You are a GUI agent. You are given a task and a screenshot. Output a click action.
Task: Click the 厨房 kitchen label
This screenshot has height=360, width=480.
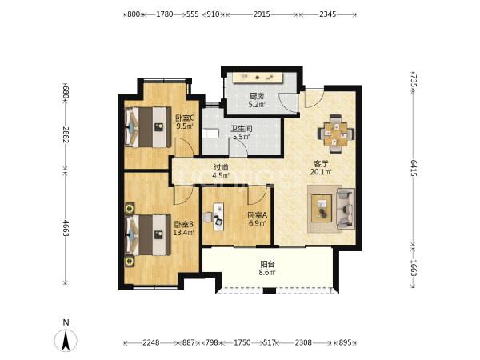pyautogui.click(x=257, y=96)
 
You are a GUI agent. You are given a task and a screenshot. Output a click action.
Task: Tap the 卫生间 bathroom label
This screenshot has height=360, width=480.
pyautogui.click(x=242, y=129)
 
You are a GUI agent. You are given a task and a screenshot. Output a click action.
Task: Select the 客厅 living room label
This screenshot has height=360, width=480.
pyautogui.click(x=321, y=164)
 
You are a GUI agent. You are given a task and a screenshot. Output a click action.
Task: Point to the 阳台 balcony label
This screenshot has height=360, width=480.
pyautogui.click(x=267, y=264)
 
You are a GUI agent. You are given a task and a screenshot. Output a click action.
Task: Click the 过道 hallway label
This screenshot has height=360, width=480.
pyautogui.click(x=221, y=168)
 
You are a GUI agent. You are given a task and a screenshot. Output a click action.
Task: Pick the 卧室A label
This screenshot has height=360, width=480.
pyautogui.click(x=258, y=215)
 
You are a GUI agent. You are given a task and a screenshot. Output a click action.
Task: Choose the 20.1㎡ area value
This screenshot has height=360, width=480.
pyautogui.click(x=321, y=172)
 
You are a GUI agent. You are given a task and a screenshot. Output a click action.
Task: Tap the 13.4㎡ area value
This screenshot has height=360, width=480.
pyautogui.click(x=184, y=233)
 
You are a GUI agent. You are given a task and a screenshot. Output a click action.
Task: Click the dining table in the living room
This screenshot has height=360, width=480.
pyautogui.click(x=336, y=134)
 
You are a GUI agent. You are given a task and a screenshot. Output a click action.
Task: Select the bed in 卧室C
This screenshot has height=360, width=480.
pyautogui.click(x=148, y=127)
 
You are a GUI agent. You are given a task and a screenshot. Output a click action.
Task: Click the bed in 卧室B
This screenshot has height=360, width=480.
pyautogui.click(x=148, y=234)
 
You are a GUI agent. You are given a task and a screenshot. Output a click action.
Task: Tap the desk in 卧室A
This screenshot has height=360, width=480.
pyautogui.click(x=218, y=217)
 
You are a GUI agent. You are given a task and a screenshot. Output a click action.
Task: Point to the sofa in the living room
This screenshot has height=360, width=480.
pyautogui.click(x=346, y=209)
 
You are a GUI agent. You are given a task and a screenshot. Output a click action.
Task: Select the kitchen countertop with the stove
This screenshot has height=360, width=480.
pyautogui.click(x=258, y=78)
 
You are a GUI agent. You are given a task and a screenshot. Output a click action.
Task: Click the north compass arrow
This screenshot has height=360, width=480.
pyautogui.click(x=66, y=341)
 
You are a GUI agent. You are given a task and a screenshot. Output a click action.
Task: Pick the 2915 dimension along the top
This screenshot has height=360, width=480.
pyautogui.click(x=262, y=14)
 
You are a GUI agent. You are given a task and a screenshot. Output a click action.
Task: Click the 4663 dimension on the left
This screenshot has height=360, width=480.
pyautogui.click(x=66, y=227)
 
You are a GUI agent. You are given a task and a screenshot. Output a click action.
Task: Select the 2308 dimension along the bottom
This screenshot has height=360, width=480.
pyautogui.click(x=303, y=342)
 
